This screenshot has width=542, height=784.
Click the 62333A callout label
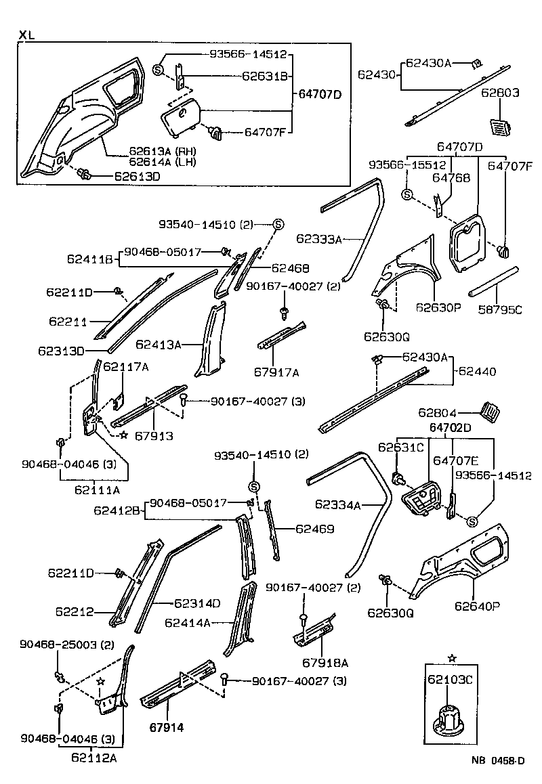(x=319, y=238)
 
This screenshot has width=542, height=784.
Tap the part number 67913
(x=152, y=436)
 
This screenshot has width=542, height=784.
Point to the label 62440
(x=477, y=372)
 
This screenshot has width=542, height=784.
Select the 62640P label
(x=477, y=606)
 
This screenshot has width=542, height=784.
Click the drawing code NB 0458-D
(x=498, y=761)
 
